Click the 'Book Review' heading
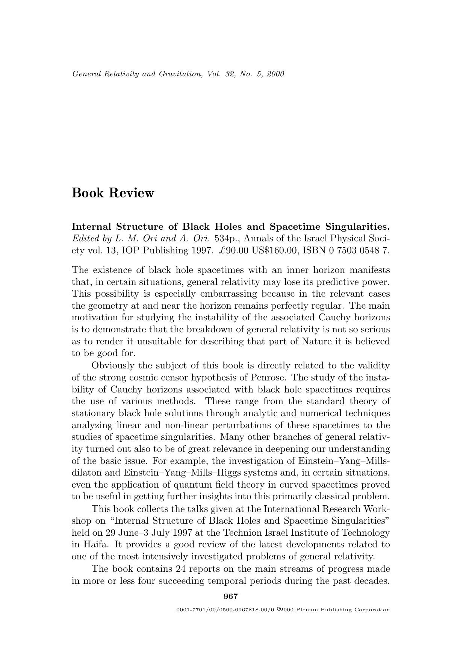coord(113,193)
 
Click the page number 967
coord(231,596)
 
